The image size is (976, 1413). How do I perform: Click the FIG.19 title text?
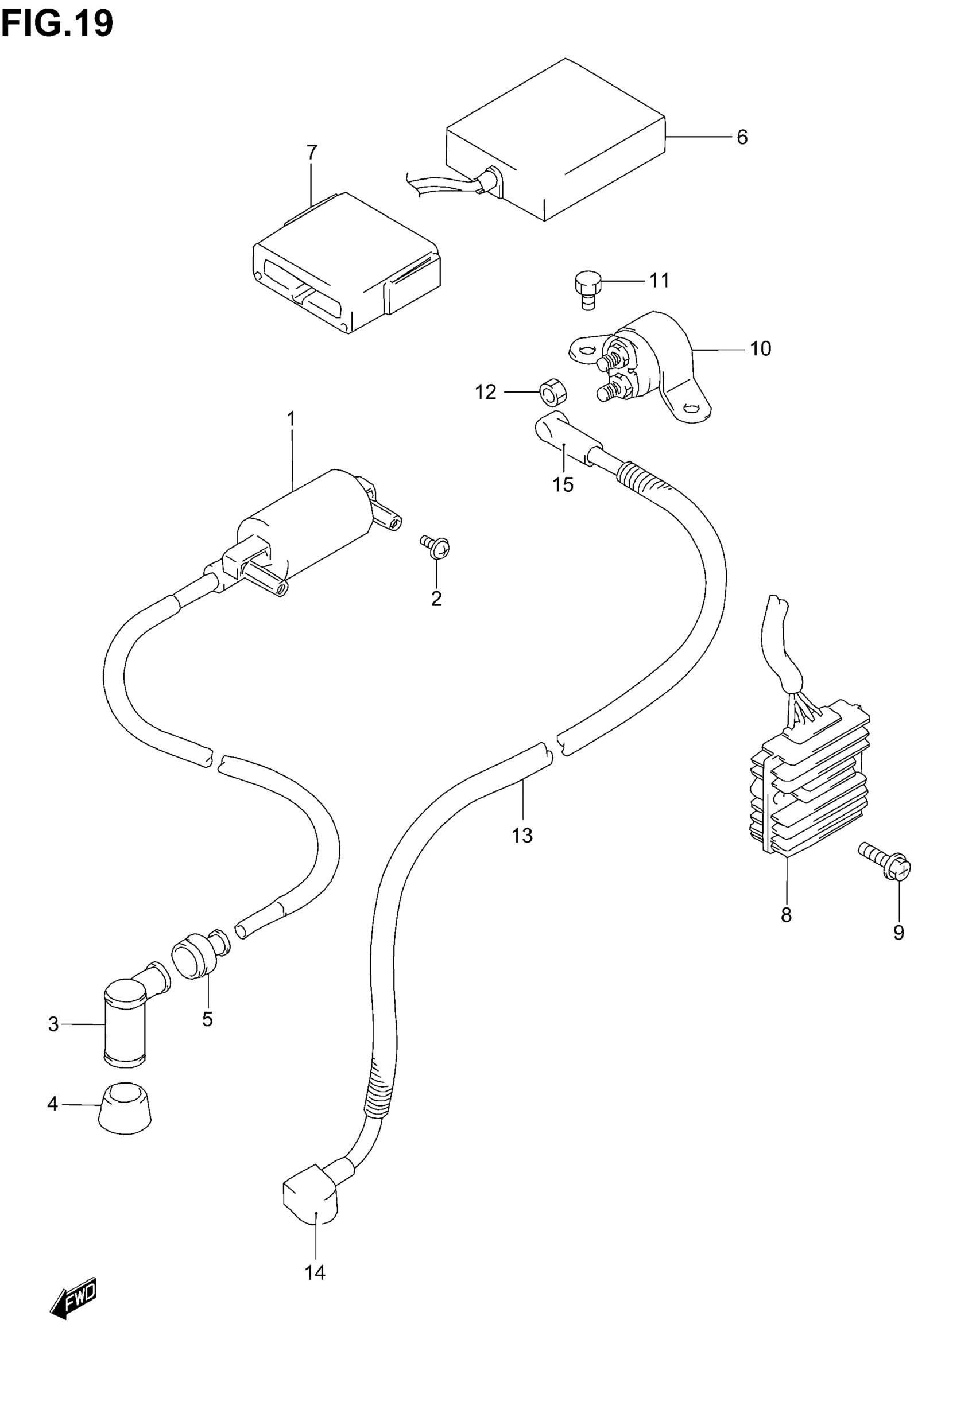pos(57,24)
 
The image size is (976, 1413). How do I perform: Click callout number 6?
pos(742,138)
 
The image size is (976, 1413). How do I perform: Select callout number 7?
pos(312,152)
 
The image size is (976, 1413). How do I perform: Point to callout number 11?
pos(659,281)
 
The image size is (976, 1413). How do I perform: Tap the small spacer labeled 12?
pos(552,392)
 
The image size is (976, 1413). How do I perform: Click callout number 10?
pos(761,349)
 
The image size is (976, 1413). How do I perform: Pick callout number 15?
pos(563,484)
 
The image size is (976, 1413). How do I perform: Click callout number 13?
pos(522,835)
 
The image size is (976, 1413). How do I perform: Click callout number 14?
pos(315,1272)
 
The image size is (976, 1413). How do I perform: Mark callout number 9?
pos(898,932)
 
